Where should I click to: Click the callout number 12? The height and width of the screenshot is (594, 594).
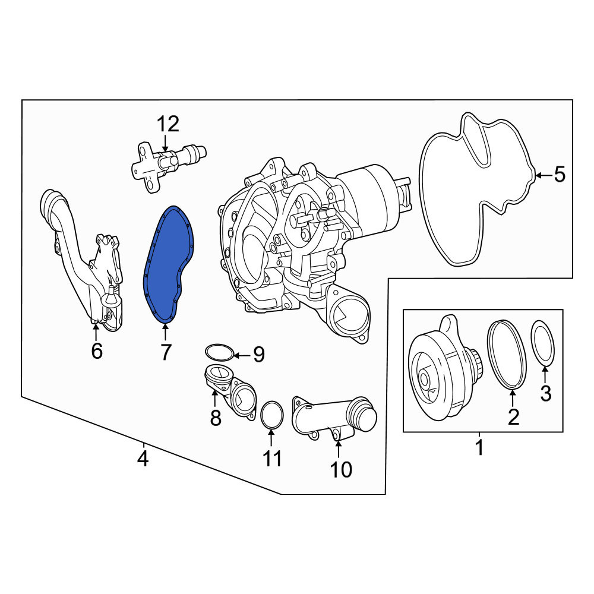point(168,125)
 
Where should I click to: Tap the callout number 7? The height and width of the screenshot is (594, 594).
point(166,352)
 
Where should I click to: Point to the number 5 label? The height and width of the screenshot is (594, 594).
point(560,175)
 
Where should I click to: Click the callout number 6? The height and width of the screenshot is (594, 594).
point(97,351)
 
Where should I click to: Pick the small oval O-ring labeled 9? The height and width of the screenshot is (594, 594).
point(219,352)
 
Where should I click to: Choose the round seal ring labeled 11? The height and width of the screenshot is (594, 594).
point(272,415)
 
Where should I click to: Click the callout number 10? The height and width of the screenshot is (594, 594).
point(342,470)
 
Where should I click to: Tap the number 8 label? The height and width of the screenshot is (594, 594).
point(216,418)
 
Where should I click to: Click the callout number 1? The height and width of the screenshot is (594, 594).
point(479,448)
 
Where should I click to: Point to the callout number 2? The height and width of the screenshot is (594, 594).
point(513,417)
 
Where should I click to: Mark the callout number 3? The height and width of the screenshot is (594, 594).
point(545,393)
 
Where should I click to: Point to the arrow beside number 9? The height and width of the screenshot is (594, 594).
point(242,355)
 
